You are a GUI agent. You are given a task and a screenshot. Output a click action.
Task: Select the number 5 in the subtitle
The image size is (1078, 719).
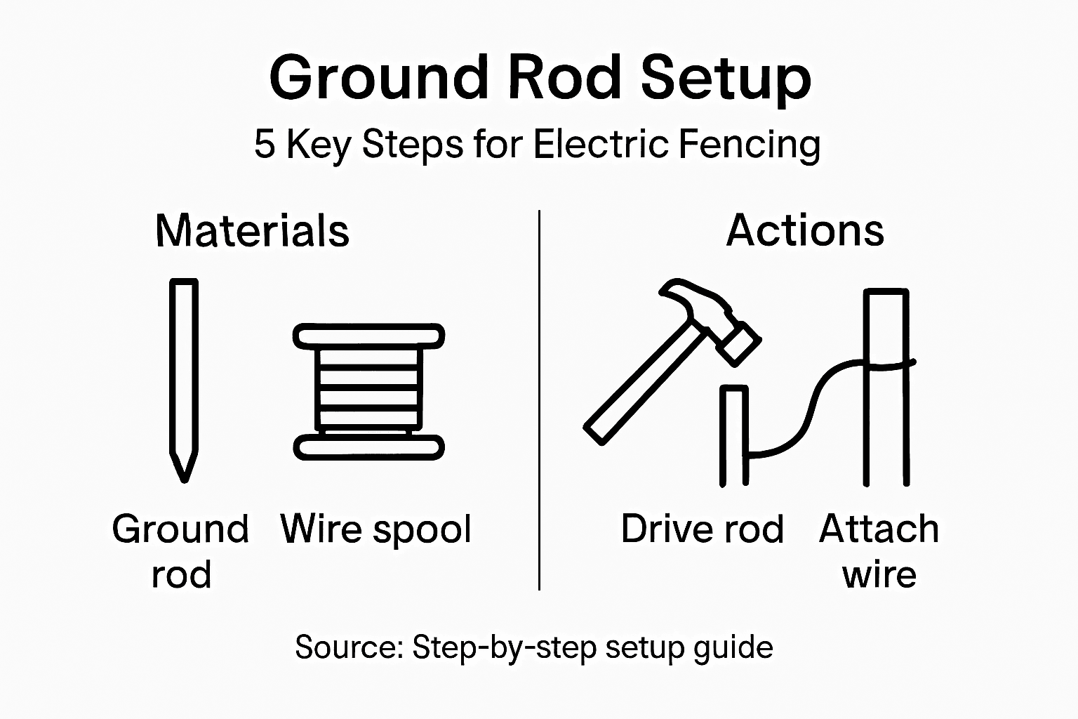(x=264, y=145)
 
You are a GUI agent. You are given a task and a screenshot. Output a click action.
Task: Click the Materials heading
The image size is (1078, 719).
(x=252, y=230)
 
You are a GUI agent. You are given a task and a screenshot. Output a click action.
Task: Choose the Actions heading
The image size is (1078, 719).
(x=805, y=230)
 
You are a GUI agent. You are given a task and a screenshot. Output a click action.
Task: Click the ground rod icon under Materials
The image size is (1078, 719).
(x=184, y=372)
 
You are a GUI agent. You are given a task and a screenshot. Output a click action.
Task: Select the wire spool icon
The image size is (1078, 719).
(x=368, y=392)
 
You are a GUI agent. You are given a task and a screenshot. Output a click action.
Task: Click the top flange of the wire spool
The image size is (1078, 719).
(x=368, y=336)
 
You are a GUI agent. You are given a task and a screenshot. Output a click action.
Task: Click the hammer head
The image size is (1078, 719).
(x=712, y=316)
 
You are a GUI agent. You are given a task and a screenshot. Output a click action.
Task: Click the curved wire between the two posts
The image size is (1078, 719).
(x=807, y=414)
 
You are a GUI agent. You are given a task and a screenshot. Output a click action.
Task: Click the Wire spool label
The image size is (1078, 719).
(x=375, y=529)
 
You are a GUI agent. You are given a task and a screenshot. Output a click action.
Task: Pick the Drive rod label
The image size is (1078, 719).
(x=702, y=529)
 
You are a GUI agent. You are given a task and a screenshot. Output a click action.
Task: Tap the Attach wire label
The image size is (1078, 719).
(x=879, y=551)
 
